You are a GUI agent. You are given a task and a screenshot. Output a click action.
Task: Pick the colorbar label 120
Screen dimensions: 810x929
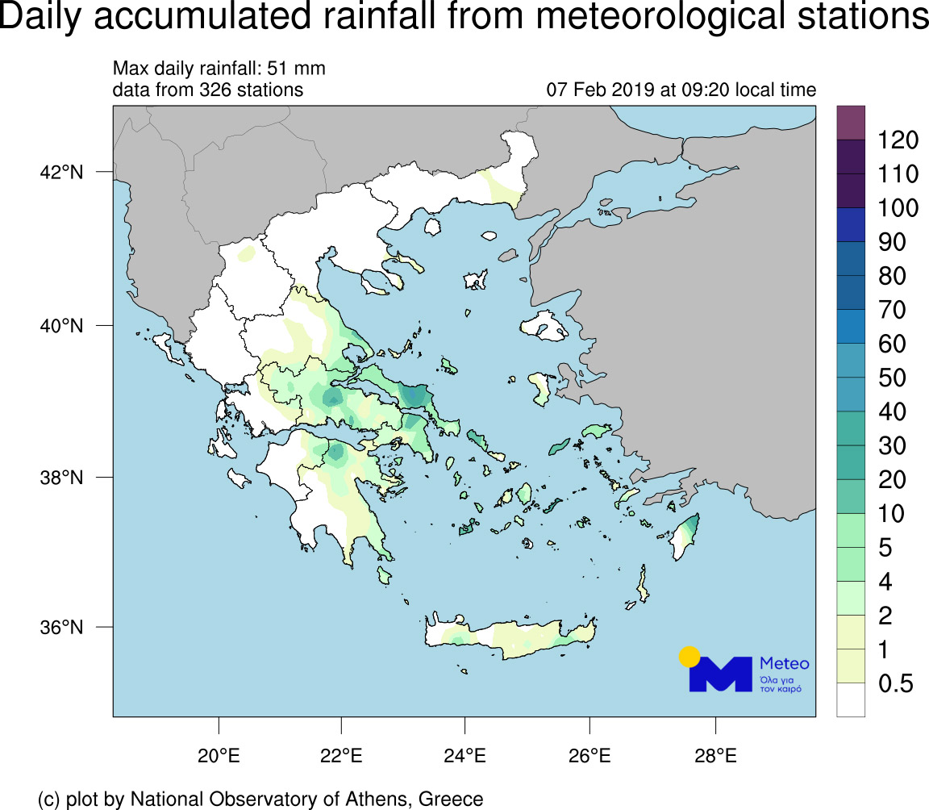click(898, 140)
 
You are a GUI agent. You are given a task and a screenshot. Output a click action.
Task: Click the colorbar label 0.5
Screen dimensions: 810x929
click(895, 685)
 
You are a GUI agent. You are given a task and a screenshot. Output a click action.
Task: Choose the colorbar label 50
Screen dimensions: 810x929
click(887, 378)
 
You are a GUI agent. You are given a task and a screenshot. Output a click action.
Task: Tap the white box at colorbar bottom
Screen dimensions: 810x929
click(851, 699)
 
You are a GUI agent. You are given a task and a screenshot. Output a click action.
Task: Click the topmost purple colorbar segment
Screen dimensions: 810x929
click(851, 123)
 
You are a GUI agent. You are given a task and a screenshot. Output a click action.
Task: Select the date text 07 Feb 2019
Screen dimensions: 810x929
click(601, 90)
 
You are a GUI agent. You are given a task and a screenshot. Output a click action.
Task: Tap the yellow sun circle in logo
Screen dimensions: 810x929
click(689, 656)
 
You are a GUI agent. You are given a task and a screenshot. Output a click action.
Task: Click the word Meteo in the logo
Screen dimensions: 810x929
click(785, 663)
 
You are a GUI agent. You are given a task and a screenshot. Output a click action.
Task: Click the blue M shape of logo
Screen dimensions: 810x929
click(721, 676)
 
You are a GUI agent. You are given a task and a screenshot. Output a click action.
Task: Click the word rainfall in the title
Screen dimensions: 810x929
click(391, 18)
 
